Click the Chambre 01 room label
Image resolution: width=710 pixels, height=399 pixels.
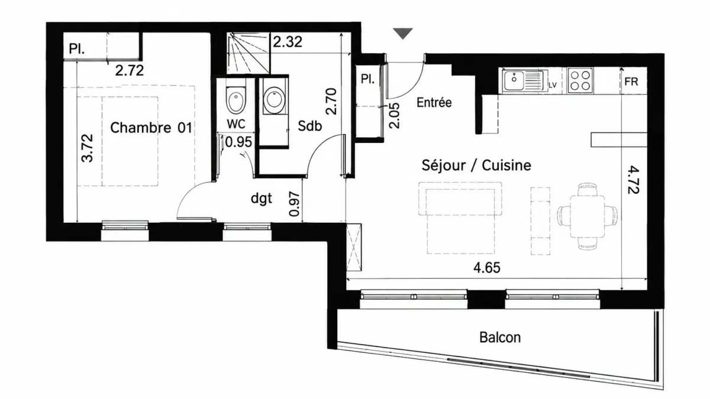pyautogui.click(x=151, y=128)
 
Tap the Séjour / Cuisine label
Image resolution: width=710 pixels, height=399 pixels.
pyautogui.click(x=476, y=165)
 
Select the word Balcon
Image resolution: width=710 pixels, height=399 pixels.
pyautogui.click(x=500, y=338)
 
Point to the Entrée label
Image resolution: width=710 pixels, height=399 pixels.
pyautogui.click(x=434, y=102)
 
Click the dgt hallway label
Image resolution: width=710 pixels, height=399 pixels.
pyautogui.click(x=261, y=199)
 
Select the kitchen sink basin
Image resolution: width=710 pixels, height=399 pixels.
pyautogui.click(x=514, y=81)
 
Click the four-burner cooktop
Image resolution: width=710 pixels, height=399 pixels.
pyautogui.click(x=580, y=80)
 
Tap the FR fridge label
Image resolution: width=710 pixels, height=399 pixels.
pyautogui.click(x=631, y=82)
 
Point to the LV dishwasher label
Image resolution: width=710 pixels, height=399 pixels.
pyautogui.click(x=553, y=85)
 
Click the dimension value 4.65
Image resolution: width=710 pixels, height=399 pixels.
pyautogui.click(x=487, y=268)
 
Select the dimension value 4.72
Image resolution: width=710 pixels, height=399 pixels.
pyautogui.click(x=633, y=180)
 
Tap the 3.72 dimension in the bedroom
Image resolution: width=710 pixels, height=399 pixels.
pyautogui.click(x=88, y=148)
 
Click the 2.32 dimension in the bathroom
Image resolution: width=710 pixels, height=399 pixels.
pyautogui.click(x=288, y=42)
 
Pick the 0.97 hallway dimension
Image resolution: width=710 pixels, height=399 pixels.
pyautogui.click(x=295, y=204)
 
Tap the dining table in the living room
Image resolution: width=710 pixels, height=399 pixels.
pyautogui.click(x=587, y=216)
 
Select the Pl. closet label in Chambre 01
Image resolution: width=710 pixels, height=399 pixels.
pyautogui.click(x=77, y=49)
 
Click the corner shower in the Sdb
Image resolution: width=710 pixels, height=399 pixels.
pyautogui.click(x=248, y=53)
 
